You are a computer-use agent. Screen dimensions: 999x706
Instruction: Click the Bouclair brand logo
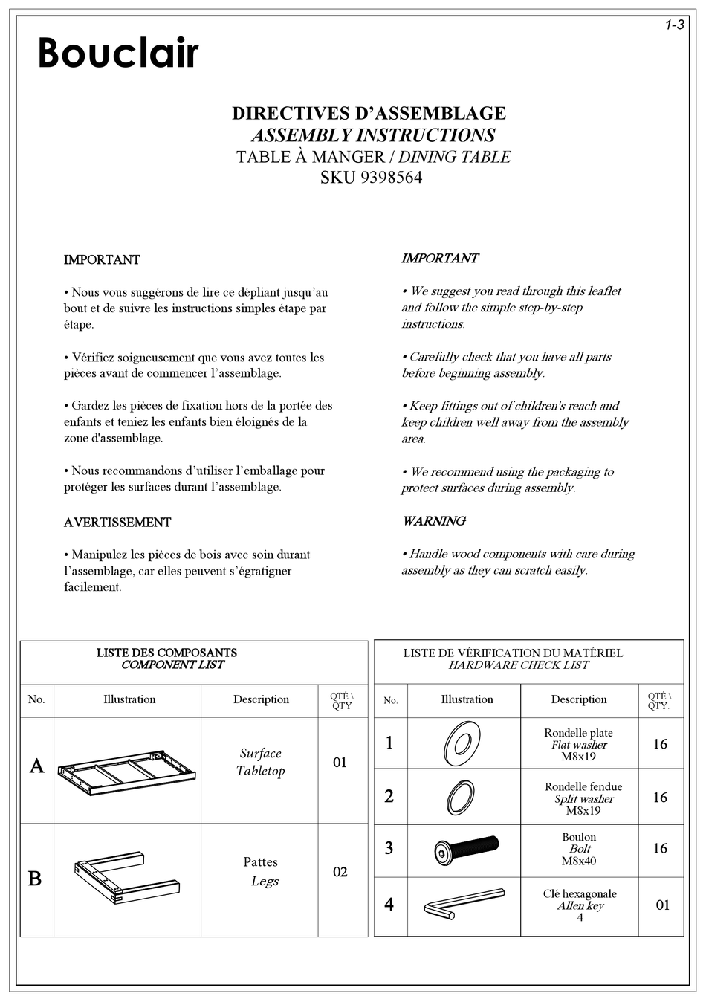click(x=118, y=53)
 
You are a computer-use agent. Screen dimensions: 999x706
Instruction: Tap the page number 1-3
click(x=673, y=26)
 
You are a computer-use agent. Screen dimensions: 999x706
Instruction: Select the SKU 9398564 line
click(x=371, y=178)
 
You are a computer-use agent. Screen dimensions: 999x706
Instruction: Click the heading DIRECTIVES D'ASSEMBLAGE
click(x=369, y=114)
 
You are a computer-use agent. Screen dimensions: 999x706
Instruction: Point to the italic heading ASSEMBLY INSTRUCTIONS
click(x=373, y=135)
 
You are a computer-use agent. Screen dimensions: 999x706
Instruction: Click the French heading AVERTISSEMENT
click(x=117, y=523)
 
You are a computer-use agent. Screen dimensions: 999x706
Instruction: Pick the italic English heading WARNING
click(x=434, y=521)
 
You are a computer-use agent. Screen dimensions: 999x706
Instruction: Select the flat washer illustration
click(x=463, y=743)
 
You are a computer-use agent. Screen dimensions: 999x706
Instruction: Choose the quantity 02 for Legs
click(x=340, y=872)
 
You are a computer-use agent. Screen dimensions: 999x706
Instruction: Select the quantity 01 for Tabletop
click(x=340, y=763)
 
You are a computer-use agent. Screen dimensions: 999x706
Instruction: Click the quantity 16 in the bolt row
click(x=660, y=848)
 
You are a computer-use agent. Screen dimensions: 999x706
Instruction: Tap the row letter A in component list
click(x=36, y=766)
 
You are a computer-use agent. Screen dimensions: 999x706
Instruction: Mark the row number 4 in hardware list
click(x=389, y=905)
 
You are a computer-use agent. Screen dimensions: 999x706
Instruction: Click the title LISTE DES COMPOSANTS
click(x=166, y=653)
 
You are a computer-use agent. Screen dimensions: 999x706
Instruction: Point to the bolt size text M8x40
click(x=579, y=861)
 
